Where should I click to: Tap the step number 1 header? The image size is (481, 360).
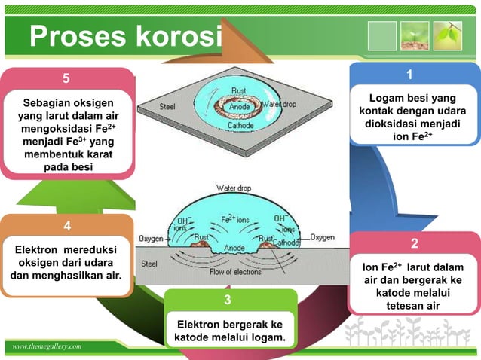pos(409,75)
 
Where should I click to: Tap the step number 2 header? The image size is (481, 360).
pos(414,243)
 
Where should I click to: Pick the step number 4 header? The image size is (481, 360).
pos(67,226)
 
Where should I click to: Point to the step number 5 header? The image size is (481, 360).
pos(66,78)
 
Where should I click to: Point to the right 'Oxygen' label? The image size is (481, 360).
pos(323,236)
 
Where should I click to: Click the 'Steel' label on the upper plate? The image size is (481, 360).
pos(167,106)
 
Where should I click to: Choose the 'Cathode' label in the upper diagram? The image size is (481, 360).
pos(240,127)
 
